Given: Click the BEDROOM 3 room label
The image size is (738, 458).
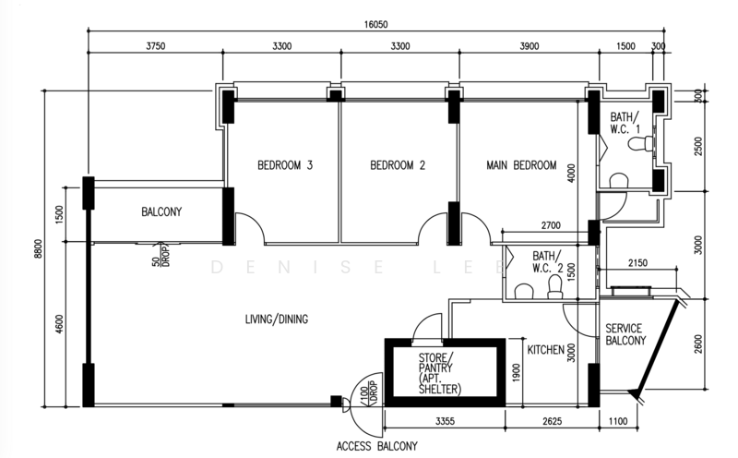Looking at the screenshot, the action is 285,165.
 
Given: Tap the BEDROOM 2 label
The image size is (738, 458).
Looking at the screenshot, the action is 398,165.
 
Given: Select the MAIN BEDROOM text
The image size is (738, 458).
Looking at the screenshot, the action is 521,165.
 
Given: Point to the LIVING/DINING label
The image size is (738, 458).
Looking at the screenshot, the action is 277,319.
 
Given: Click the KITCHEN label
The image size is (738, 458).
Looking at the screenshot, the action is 545,350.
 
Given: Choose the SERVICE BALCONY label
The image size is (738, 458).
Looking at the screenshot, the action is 625,334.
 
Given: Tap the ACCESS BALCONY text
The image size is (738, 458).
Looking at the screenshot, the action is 377,446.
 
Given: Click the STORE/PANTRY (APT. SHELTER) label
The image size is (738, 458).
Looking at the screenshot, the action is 440,373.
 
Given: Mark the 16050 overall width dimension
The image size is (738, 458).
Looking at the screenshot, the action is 375,25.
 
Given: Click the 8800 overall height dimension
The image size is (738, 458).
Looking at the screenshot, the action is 38,248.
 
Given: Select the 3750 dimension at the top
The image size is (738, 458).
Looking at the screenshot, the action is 156,45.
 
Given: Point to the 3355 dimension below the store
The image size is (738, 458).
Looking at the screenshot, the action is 445,421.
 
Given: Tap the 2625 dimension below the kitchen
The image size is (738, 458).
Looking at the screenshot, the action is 552,421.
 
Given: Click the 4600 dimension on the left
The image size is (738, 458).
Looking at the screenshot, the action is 59,324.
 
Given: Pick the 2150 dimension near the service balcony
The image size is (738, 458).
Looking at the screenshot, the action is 637,263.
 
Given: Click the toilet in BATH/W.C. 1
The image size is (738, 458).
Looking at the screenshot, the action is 640,143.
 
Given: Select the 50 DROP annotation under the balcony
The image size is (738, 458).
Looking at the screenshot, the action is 161,256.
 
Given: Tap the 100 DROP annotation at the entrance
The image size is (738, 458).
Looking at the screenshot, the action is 369,392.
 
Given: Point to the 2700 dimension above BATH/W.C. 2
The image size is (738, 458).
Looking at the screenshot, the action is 551,225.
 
